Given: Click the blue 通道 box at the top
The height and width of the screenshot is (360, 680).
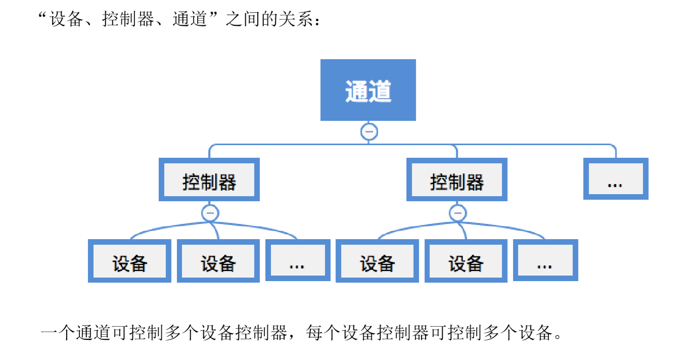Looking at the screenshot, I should pos(368,90).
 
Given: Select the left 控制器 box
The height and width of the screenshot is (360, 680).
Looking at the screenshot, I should pos(209,180).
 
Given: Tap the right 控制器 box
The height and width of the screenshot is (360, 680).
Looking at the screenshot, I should pos(457,180).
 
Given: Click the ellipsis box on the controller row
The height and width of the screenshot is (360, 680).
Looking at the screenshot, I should pos(615,179).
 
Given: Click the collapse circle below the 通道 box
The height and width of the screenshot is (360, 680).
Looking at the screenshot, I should pos(369,132).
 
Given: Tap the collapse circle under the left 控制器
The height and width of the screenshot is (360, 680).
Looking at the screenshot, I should pos(210,213).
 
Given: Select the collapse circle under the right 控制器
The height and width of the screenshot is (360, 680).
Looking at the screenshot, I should pos(458,213).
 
